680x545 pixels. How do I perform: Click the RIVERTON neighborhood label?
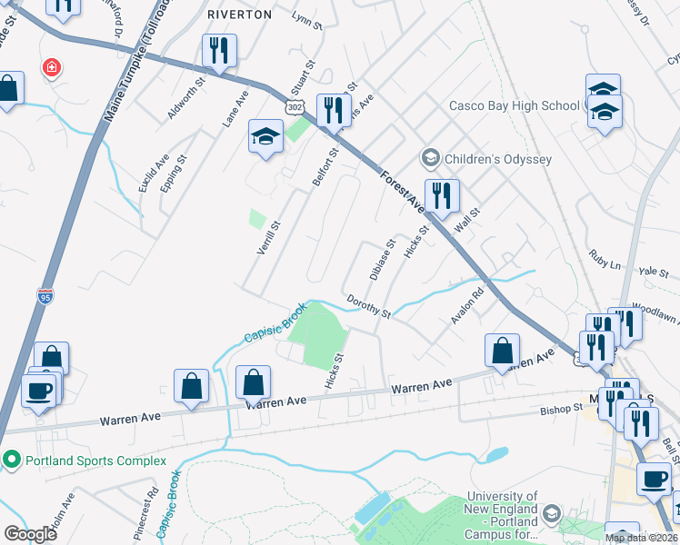[x=239, y=15]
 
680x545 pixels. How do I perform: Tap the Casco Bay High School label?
[x=514, y=105]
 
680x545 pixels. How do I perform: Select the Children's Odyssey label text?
[x=498, y=159]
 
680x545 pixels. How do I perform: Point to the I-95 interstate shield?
[x=45, y=296]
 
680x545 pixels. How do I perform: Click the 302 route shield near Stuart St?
[x=294, y=107]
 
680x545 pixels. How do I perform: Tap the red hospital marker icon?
[x=52, y=67]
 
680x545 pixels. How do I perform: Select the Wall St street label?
[x=466, y=221]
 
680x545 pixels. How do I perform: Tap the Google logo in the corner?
[x=31, y=534]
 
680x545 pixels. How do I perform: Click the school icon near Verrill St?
[x=265, y=138]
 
